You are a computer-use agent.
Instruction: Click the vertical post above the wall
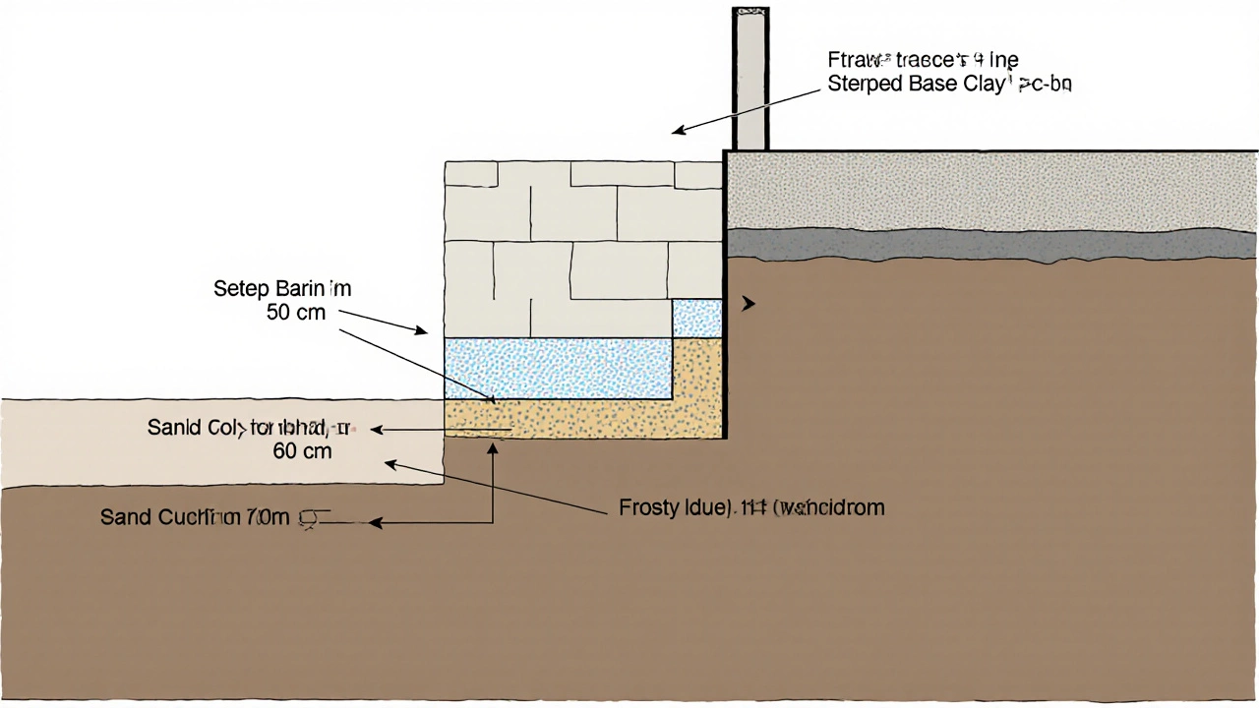click(x=750, y=79)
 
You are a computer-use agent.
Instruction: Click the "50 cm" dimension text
click(x=296, y=313)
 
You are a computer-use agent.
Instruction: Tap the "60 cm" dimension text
click(x=302, y=451)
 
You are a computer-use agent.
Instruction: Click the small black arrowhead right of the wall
click(x=749, y=304)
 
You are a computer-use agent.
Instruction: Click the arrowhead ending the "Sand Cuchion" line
click(x=375, y=523)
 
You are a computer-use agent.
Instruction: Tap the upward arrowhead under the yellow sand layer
click(x=493, y=447)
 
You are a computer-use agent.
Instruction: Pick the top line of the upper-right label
click(x=923, y=61)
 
